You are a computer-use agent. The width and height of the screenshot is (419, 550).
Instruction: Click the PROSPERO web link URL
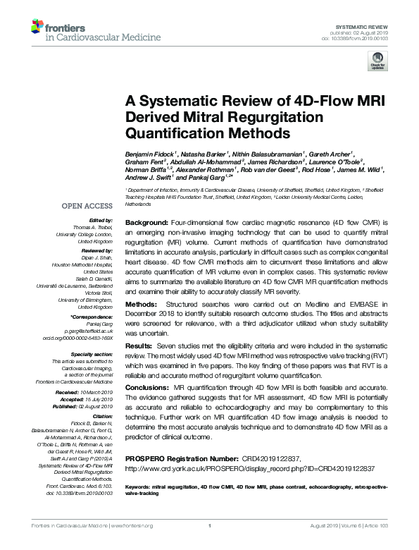pyautogui.click(x=249, y=468)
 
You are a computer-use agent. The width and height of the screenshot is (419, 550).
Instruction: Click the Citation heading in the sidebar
pyautogui.click(x=102, y=416)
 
